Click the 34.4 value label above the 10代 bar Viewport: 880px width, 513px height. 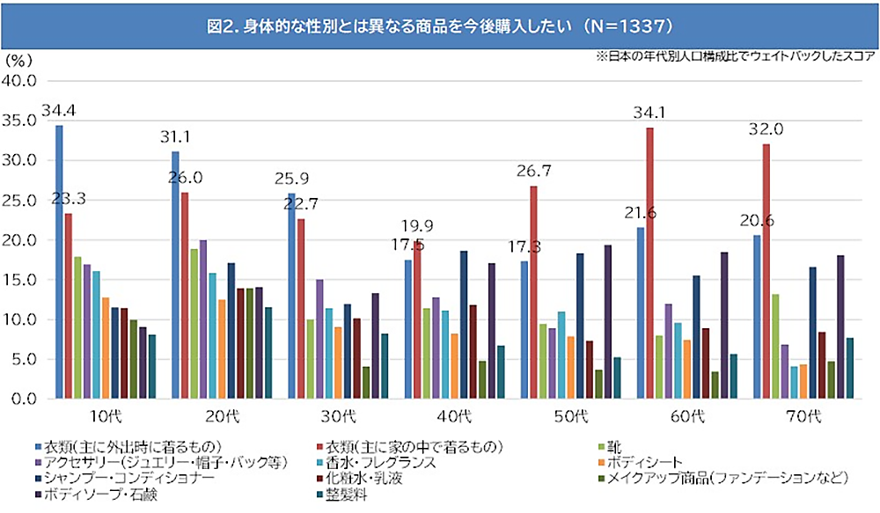(59, 112)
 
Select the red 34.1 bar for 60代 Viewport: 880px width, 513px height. (649, 264)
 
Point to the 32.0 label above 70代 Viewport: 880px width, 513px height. (766, 128)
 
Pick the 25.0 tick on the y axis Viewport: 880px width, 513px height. (18, 201)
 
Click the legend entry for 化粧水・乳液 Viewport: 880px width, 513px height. (370, 478)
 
